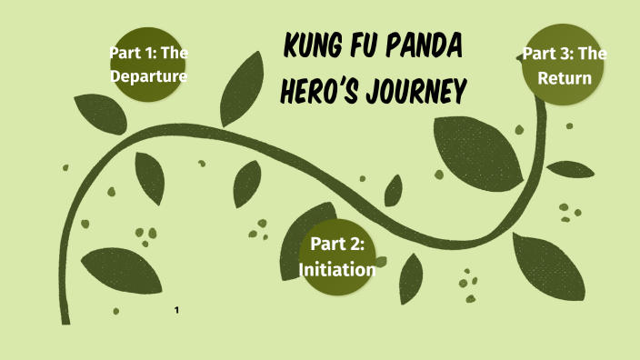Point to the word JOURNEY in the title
425,92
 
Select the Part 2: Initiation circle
338,256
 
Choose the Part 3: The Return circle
565,65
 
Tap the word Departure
148,76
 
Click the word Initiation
338,269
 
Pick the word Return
565,77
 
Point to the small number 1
176,312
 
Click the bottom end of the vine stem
65,319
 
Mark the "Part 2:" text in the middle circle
338,244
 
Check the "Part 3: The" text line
565,53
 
